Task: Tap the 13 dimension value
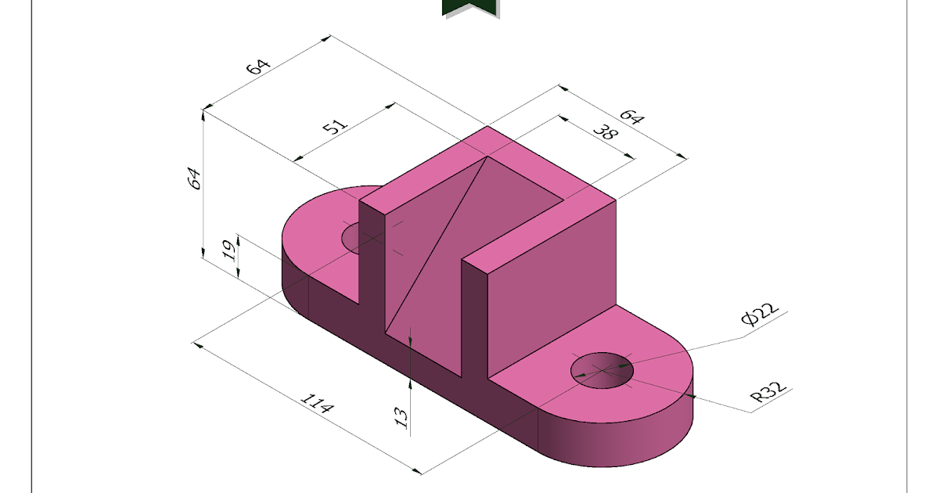(401, 417)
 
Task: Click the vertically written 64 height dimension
(196, 178)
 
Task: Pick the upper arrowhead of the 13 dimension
(411, 339)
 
